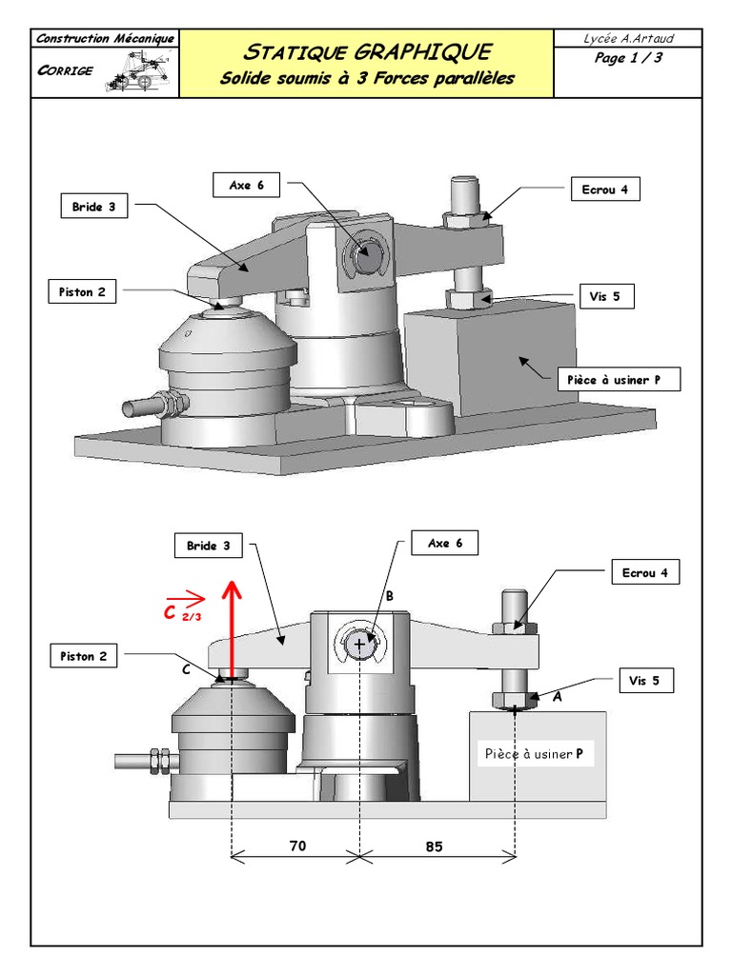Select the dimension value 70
pos(297,846)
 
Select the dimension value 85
pos(435,846)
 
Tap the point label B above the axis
pos(389,595)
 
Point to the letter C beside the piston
pos(187,670)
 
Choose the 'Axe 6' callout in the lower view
pos(445,544)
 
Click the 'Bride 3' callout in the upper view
pos(92,207)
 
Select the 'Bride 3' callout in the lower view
pos(208,547)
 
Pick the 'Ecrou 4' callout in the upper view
pos(604,189)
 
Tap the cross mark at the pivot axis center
pos(359,645)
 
